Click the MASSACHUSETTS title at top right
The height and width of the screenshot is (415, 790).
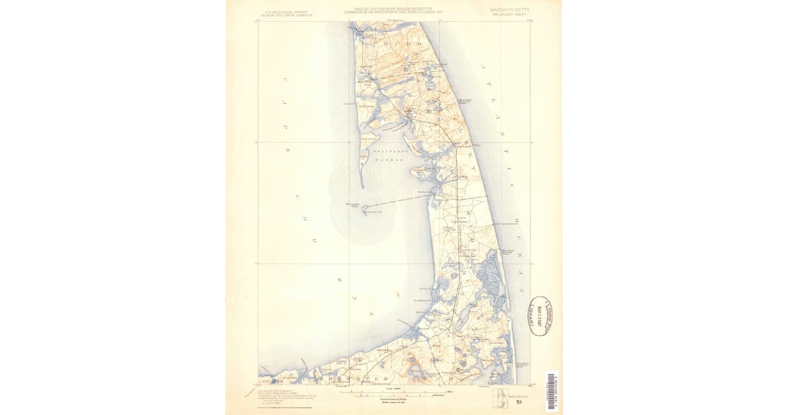pos(513,9)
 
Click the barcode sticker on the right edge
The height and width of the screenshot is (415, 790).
pos(552,391)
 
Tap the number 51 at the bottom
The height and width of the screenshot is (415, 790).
pos(519,401)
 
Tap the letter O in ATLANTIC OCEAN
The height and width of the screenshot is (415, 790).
pos(515,217)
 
